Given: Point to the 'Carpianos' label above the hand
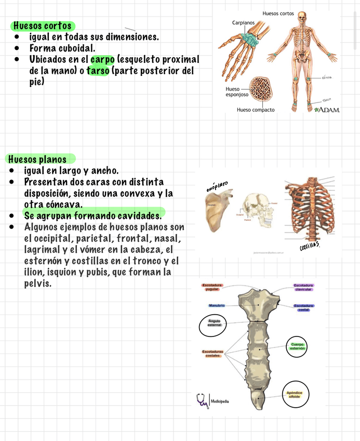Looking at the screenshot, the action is [x=243, y=23].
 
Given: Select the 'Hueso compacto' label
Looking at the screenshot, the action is [x=256, y=110].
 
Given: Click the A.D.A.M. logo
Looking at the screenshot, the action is [x=327, y=109].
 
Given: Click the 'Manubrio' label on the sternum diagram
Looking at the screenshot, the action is [x=216, y=305].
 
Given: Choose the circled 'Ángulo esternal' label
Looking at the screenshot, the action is [x=214, y=323].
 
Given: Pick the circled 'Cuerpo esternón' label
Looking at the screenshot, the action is [x=298, y=346].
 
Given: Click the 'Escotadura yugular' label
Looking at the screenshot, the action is [x=213, y=287].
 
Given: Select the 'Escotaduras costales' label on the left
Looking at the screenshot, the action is [x=213, y=354].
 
